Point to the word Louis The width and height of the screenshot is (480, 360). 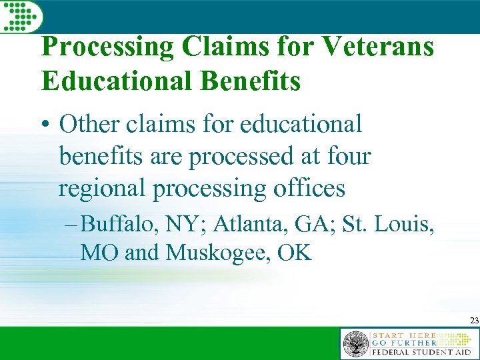pyautogui.click(x=406, y=225)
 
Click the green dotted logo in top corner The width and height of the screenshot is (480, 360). pyautogui.click(x=21, y=15)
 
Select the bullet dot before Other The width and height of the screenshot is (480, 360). pyautogui.click(x=46, y=125)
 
